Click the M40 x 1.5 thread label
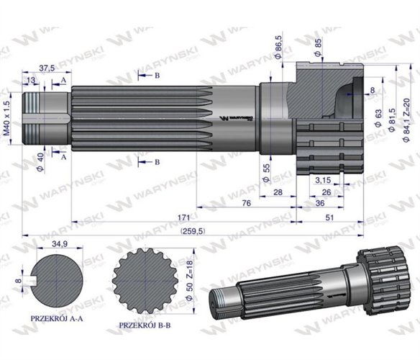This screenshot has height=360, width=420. (8, 119)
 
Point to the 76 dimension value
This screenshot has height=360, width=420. (246, 204)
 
